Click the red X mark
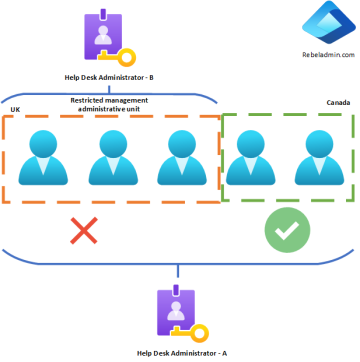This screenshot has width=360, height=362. (x=84, y=232)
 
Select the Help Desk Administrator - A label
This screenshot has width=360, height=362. (x=181, y=353)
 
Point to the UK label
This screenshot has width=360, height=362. (x=15, y=108)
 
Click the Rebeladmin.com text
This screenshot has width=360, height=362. (x=321, y=56)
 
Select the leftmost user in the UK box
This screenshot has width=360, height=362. (x=43, y=159)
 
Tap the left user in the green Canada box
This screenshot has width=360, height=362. (x=249, y=159)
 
